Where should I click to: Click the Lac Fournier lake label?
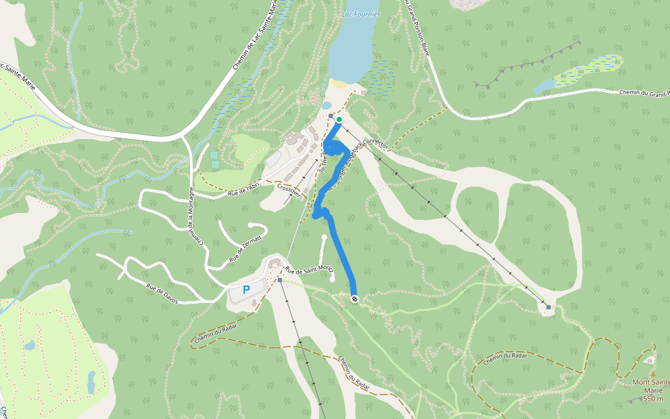tap(361, 13)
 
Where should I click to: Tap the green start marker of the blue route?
tap(339, 120)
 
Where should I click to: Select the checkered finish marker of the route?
tap(355, 300)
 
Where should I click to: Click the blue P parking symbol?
tap(246, 290)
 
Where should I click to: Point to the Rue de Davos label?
tap(162, 293)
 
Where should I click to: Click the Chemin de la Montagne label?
tap(195, 216)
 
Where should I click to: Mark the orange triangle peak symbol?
tap(653, 374)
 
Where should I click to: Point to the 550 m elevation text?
tap(653, 399)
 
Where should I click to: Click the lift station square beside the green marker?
tap(331, 116)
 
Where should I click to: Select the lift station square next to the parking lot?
tap(279, 280)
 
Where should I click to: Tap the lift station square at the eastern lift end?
tap(549, 307)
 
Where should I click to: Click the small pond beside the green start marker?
tap(327, 105)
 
